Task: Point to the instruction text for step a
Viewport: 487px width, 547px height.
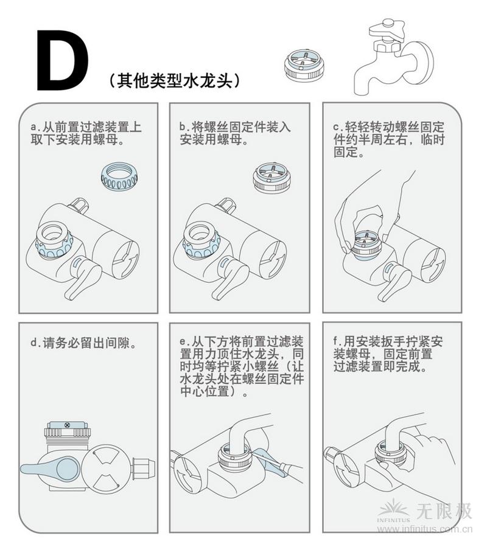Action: pyautogui.click(x=85, y=134)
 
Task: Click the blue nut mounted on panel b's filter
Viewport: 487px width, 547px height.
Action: pyautogui.click(x=201, y=245)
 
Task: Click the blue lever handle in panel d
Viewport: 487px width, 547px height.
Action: pyautogui.click(x=52, y=467)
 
